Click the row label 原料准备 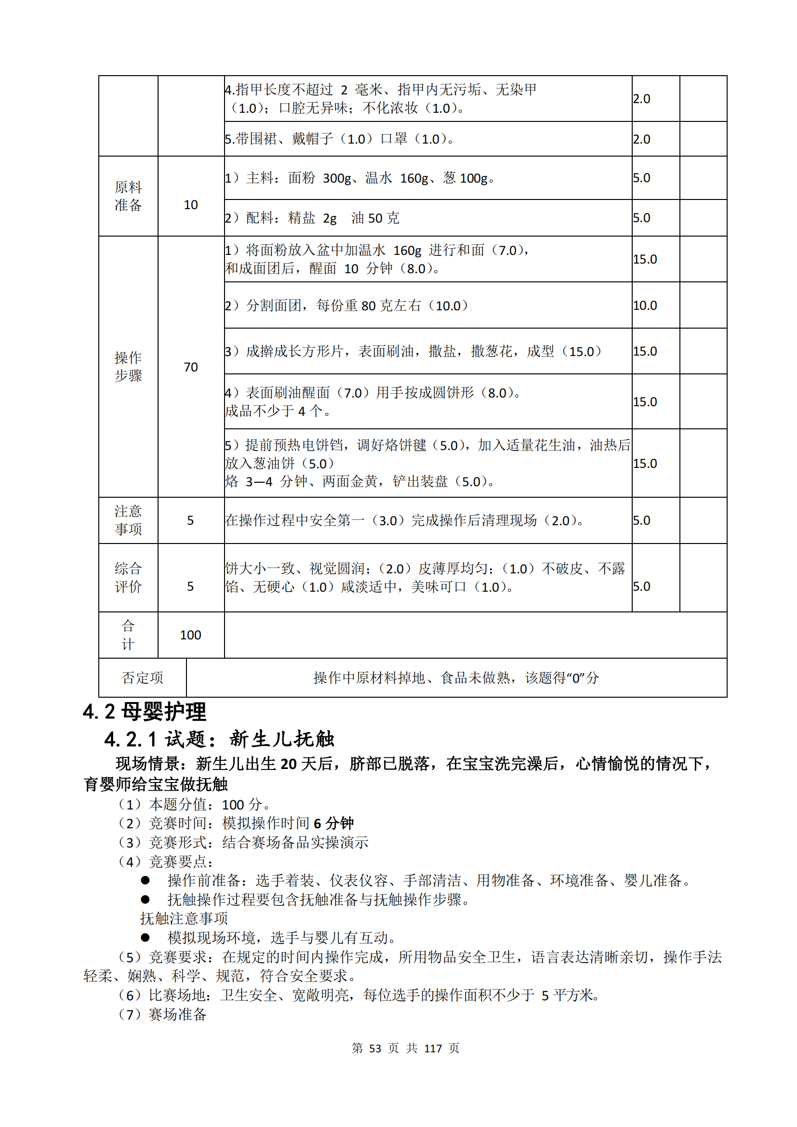(x=128, y=196)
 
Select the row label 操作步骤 (x=128, y=367)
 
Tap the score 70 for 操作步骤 (x=190, y=367)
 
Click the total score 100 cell (x=190, y=635)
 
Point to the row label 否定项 (x=142, y=678)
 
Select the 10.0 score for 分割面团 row (x=645, y=305)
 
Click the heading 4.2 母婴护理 (x=144, y=712)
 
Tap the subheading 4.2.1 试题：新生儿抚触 (x=219, y=739)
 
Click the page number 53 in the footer (x=375, y=1048)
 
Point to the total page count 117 (x=433, y=1048)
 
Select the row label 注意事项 (x=128, y=520)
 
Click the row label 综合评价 (x=128, y=578)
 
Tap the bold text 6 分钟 (x=334, y=823)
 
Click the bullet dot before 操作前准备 (x=145, y=881)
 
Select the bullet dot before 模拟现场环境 (x=145, y=938)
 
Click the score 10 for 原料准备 (x=190, y=205)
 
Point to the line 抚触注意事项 (x=184, y=918)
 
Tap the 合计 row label (x=128, y=635)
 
